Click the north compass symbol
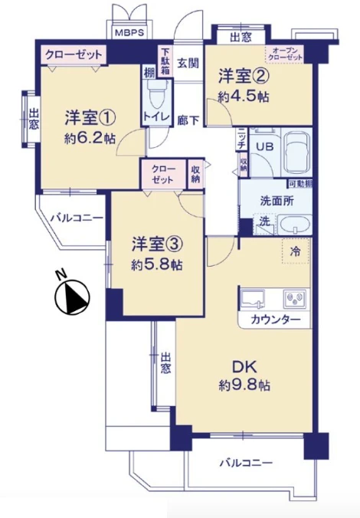[71, 296]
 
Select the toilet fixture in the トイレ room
[158, 97]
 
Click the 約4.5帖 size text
[243, 97]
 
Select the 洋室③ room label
[155, 244]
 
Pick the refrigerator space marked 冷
[296, 250]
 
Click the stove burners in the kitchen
[294, 297]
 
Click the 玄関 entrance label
[188, 64]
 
